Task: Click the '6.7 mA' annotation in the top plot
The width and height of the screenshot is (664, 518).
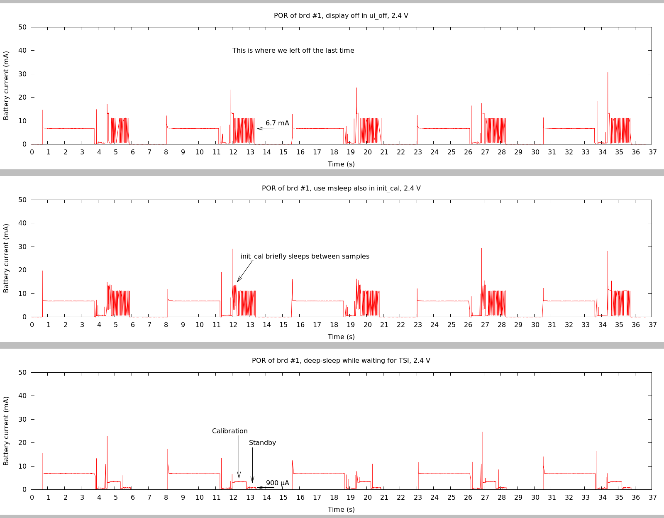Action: [277, 123]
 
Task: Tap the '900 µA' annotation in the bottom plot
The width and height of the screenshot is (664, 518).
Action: [277, 483]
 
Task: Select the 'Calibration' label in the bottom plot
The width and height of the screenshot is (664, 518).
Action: [229, 431]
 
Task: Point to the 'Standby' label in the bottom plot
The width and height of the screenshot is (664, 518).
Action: [262, 443]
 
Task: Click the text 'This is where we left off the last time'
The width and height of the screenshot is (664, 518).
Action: [293, 51]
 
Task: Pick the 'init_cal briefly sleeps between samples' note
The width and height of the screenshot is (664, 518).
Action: [305, 257]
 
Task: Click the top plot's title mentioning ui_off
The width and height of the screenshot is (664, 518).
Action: [341, 16]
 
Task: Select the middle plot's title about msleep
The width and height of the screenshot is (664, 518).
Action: [341, 188]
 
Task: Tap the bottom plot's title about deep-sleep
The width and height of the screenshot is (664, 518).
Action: [341, 361]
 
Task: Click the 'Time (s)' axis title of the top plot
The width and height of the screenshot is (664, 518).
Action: [341, 164]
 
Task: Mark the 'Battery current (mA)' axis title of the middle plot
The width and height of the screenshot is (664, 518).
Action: [6, 258]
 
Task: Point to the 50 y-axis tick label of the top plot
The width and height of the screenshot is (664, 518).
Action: [22, 27]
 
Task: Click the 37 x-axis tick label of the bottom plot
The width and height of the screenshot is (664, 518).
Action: [652, 497]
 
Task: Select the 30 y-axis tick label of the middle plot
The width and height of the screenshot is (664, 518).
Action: [22, 247]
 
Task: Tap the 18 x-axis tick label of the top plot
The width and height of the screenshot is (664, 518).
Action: [334, 152]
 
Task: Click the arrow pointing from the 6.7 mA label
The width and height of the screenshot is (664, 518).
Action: [266, 129]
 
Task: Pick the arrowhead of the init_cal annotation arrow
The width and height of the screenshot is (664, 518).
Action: [238, 281]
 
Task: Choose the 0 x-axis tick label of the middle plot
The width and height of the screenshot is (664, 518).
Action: [32, 325]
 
